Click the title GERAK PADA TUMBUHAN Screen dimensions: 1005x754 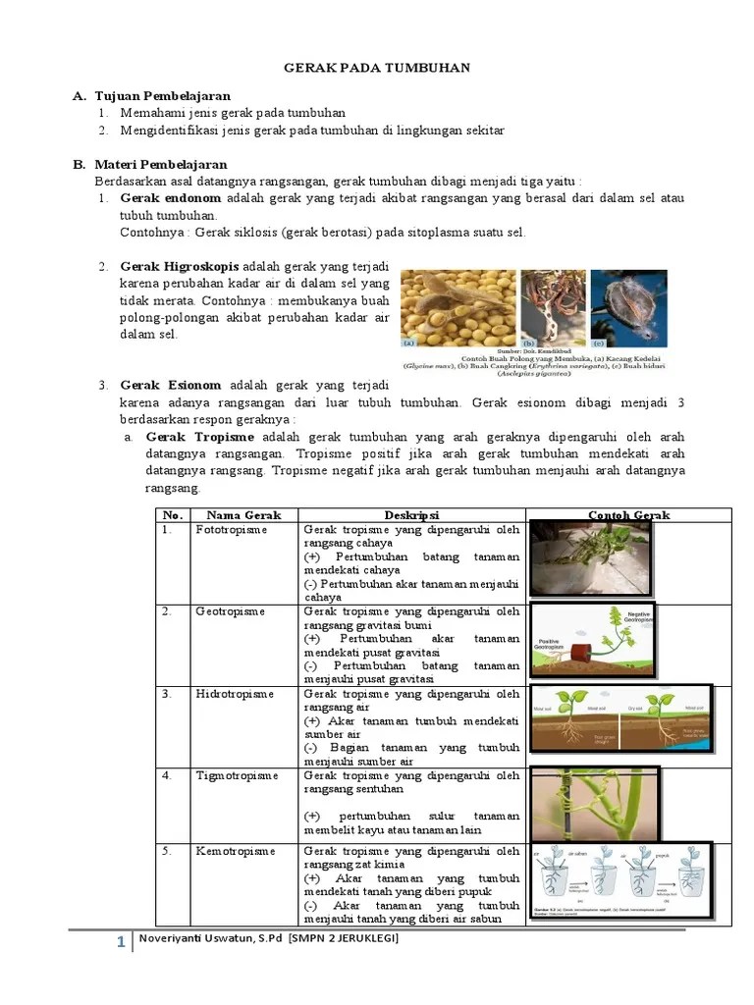(377, 68)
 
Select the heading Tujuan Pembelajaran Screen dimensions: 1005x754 (162, 96)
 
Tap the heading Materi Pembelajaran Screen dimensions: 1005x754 (161, 164)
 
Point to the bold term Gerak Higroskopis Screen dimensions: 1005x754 (180, 267)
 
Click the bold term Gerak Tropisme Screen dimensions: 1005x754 (199, 437)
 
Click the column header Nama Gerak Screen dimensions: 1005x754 (243, 515)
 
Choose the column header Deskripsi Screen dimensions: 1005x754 (411, 515)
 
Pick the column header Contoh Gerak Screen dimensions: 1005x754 (628, 515)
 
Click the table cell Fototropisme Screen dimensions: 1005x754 (231, 530)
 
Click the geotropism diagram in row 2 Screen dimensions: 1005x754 (592, 640)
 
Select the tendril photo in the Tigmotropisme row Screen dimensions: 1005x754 (594, 804)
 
